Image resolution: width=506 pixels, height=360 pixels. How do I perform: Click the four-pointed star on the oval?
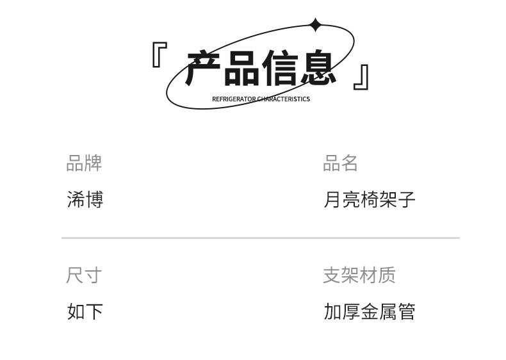point(315,25)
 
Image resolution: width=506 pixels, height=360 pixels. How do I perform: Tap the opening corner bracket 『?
point(159,55)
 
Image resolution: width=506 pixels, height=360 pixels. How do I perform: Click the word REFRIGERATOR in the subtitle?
point(233,99)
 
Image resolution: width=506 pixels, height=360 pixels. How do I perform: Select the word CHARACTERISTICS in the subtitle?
point(283,99)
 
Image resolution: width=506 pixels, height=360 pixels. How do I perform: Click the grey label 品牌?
point(84,163)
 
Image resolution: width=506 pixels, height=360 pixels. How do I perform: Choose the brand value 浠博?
point(85,199)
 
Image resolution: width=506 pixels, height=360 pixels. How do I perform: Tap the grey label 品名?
point(340,163)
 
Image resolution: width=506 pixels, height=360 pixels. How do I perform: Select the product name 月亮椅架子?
point(370,199)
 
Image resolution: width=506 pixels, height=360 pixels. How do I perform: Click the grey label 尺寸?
point(84,275)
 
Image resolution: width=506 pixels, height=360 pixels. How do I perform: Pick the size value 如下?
point(85,312)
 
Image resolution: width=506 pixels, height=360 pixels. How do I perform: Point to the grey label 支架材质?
point(359,275)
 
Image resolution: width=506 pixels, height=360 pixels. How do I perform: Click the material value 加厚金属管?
point(370,312)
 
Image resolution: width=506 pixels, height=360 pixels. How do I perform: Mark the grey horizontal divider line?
point(260,238)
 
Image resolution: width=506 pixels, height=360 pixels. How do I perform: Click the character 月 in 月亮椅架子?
point(332,199)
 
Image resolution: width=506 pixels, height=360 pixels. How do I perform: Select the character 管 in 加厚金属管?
point(407,312)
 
